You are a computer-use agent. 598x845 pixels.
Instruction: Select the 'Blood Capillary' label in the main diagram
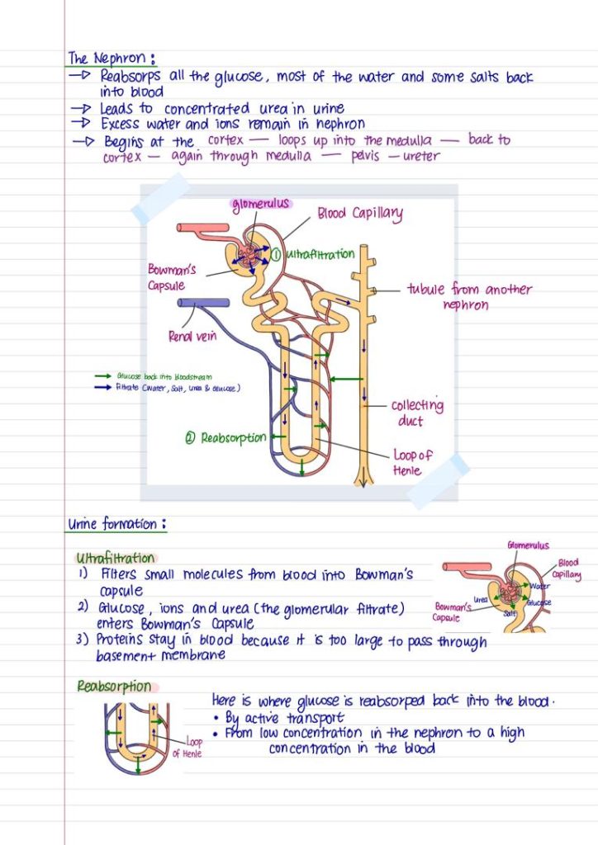tap(360, 215)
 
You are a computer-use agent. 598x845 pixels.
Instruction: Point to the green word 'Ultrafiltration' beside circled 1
tap(320, 254)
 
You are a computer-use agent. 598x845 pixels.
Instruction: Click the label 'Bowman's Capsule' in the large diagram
tap(171, 277)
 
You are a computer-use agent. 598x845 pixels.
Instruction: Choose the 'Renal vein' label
tap(192, 336)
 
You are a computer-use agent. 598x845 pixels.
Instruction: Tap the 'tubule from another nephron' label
tap(468, 297)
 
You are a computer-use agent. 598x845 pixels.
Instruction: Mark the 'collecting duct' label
tap(417, 413)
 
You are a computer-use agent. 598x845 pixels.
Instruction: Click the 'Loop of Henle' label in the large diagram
tap(413, 463)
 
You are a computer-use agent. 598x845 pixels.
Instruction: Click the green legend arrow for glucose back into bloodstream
tap(103, 376)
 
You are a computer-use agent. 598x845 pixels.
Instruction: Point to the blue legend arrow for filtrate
tap(103, 387)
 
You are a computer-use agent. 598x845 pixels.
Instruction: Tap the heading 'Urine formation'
tap(116, 524)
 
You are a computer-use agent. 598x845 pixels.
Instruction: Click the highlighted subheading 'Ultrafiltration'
tap(115, 559)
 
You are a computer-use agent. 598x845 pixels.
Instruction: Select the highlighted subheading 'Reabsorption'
tap(115, 687)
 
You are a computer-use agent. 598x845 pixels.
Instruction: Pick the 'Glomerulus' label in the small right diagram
tap(529, 545)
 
